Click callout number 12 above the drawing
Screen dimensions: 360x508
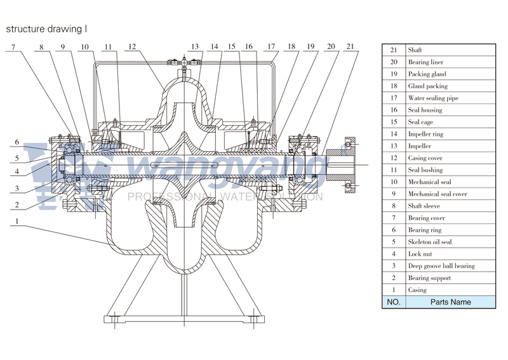pyautogui.click(x=131, y=46)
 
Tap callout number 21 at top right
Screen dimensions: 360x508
pyautogui.click(x=350, y=46)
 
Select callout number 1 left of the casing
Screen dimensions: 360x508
pyautogui.click(x=17, y=222)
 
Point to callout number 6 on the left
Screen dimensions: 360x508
pyautogui.click(x=17, y=142)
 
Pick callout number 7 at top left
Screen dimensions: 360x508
pyautogui.click(x=13, y=46)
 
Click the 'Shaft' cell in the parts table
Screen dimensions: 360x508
pyautogui.click(x=415, y=50)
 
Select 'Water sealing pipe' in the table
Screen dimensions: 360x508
pyautogui.click(x=433, y=98)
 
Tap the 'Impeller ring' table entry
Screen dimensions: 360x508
pyautogui.click(x=425, y=135)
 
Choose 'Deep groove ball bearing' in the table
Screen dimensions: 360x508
pyautogui.click(x=441, y=266)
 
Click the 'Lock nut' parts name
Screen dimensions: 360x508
pyautogui.click(x=420, y=254)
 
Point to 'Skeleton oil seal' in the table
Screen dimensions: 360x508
pyautogui.click(x=430, y=242)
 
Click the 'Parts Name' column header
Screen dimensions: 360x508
pyautogui.click(x=450, y=302)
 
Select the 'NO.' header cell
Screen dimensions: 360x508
pyautogui.click(x=393, y=302)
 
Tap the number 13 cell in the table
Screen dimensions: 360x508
pyautogui.click(x=393, y=146)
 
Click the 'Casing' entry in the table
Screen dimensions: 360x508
pyautogui.click(x=417, y=290)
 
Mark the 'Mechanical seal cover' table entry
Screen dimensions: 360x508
pyautogui.click(x=438, y=194)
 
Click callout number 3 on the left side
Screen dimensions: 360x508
pyautogui.click(x=17, y=189)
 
